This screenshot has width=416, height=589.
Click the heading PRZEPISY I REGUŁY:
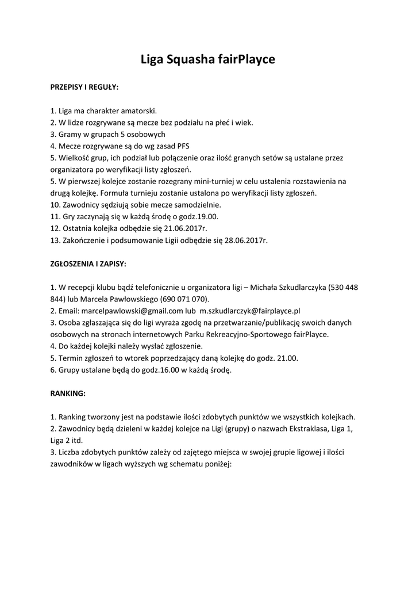point(84,87)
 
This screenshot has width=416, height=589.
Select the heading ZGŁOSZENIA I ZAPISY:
point(88,263)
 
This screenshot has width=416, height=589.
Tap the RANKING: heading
point(68,393)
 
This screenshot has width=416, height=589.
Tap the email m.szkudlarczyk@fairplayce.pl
point(254,311)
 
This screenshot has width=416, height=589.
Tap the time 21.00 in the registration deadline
point(287,358)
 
